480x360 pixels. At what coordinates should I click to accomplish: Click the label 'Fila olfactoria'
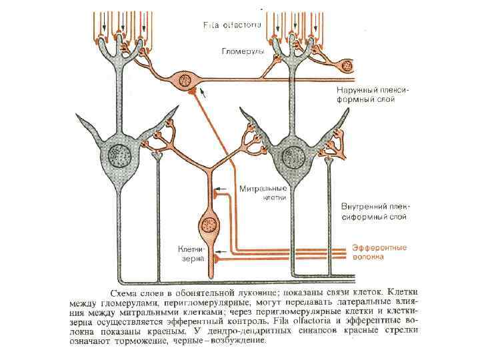232,25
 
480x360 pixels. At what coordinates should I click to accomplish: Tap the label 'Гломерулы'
243,50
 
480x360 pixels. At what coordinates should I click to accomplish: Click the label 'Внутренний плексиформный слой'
373,211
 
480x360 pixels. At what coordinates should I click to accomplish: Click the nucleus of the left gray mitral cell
122,156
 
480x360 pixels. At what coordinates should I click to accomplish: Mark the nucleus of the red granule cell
208,224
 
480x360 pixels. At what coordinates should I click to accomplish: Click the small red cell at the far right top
345,65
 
